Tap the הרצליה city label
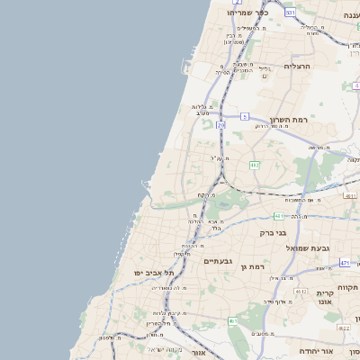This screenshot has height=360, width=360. tap(296, 67)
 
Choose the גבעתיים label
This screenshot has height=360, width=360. tap(218, 261)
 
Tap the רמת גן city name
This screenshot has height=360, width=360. tap(256, 266)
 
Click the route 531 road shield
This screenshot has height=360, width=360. tap(289, 13)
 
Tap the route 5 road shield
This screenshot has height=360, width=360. tap(245, 116)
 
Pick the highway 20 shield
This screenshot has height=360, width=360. tap(221, 126)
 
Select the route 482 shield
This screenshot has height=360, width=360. tap(255, 166)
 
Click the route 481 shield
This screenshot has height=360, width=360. tap(279, 216)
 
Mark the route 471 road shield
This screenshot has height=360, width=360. tap(345, 263)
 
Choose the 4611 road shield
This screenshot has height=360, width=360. tap(232, 320)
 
